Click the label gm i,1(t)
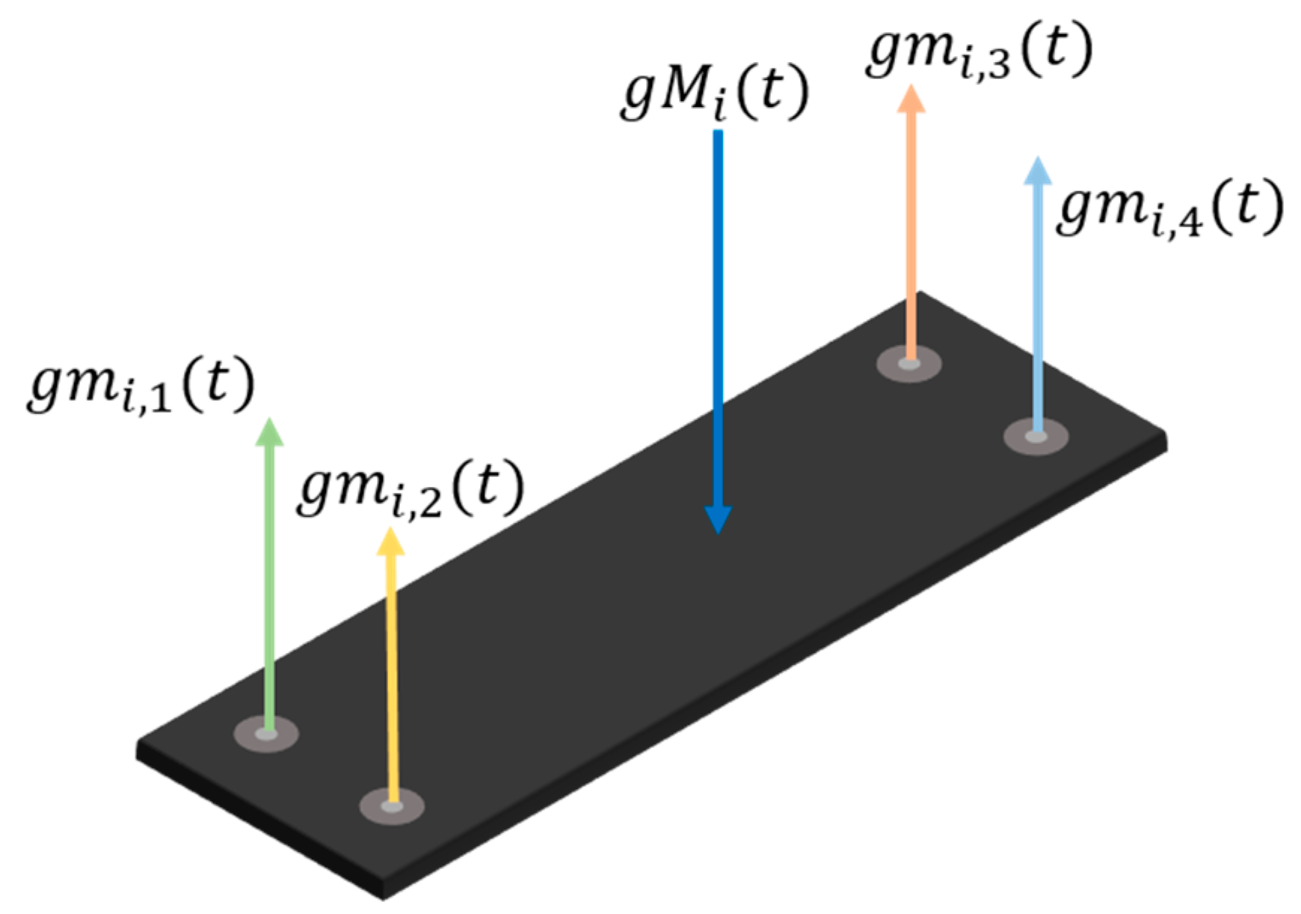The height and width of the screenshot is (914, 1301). [141, 384]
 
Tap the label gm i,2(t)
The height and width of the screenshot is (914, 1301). [410, 489]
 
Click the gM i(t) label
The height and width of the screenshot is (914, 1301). [715, 93]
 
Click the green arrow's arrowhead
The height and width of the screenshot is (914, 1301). [269, 433]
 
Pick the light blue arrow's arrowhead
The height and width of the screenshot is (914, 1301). [1037, 171]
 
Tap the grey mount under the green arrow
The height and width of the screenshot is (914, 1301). [266, 734]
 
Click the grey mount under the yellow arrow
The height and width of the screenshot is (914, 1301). [392, 806]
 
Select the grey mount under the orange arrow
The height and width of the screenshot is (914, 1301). [909, 364]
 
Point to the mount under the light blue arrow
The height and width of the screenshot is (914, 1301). [1036, 436]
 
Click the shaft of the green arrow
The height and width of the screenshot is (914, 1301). [269, 583]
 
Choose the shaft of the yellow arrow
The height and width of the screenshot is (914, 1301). [391, 673]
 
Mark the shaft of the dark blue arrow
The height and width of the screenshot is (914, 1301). [718, 314]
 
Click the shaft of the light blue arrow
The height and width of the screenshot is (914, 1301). [1036, 299]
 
